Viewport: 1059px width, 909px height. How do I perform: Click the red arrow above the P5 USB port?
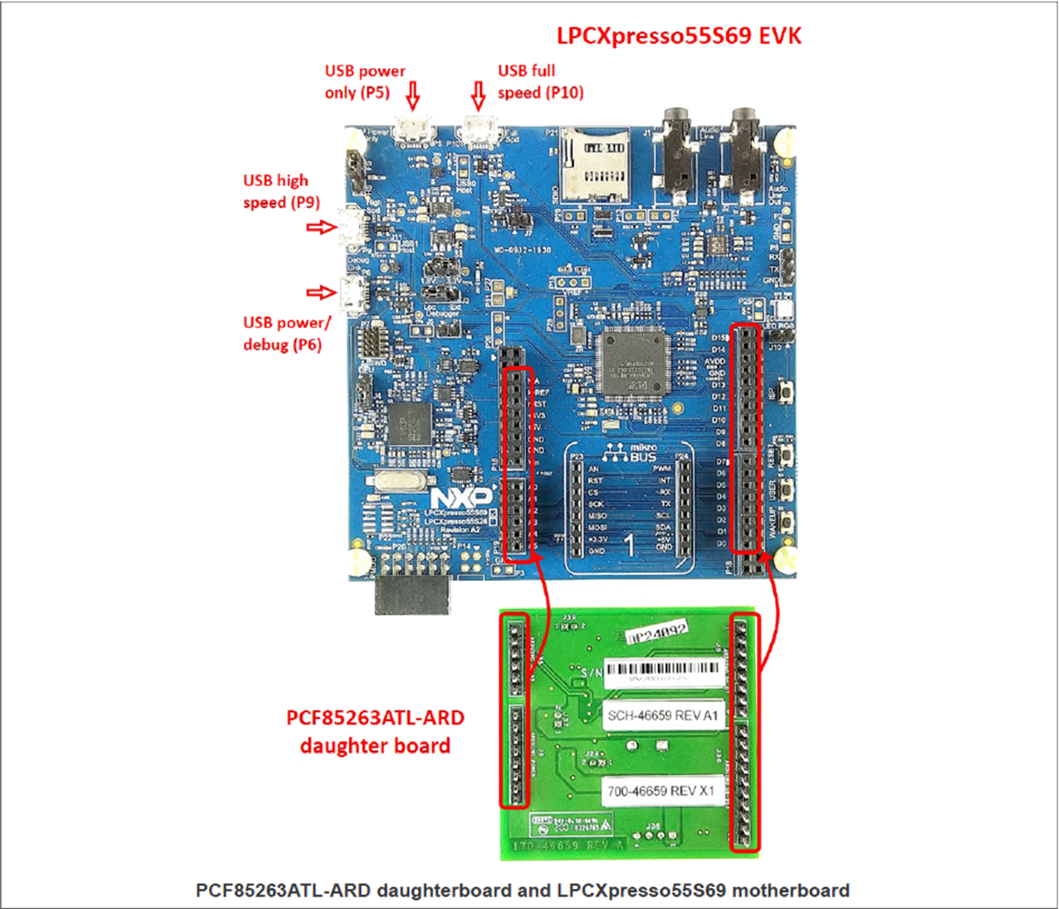414,93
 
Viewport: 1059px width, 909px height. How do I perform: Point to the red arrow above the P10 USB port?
478,93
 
